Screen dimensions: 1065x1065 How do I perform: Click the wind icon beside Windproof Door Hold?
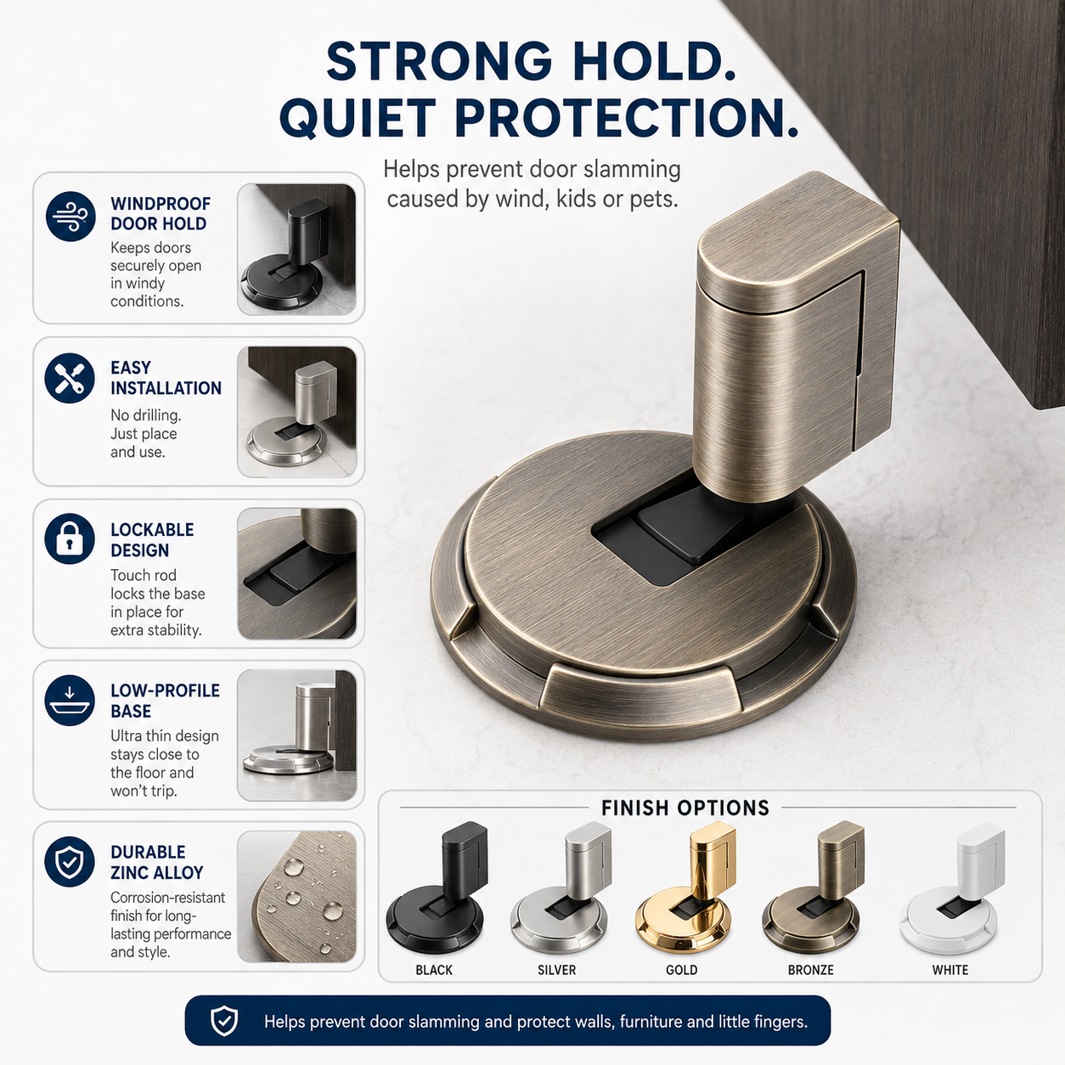(x=70, y=216)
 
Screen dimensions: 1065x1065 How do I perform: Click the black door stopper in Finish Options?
(x=437, y=891)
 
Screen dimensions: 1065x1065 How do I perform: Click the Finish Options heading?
(x=685, y=808)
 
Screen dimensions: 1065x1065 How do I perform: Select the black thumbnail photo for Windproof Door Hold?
(x=296, y=249)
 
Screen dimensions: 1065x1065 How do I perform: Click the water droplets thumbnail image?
(x=296, y=896)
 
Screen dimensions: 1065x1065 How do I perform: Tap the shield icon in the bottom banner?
(x=224, y=1021)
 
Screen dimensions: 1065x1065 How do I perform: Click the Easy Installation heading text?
(x=166, y=378)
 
